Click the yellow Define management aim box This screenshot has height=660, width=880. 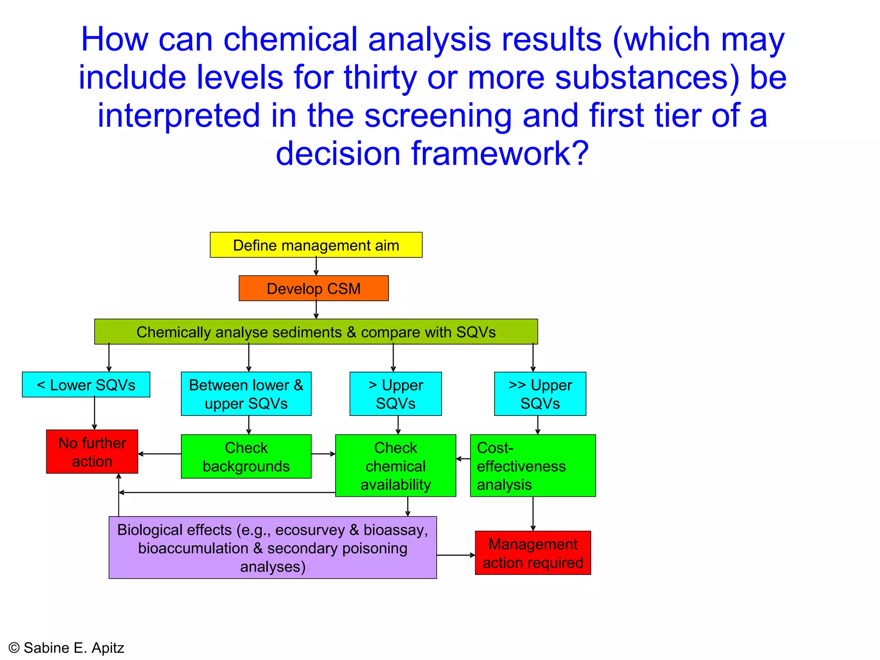point(316,245)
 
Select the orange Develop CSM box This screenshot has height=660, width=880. point(314,288)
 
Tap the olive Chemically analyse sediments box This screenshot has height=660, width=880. point(316,332)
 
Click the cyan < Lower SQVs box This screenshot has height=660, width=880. point(86,385)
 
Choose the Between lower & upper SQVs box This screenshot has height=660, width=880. point(246,394)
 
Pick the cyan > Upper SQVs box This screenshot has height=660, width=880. point(395,394)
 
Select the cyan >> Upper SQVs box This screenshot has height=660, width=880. point(540,394)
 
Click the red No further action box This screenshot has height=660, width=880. point(92,452)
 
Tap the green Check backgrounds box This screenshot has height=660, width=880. point(246,456)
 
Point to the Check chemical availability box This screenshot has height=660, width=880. point(395,466)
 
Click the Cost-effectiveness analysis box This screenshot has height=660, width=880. point(533,466)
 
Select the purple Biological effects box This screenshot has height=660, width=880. point(272,548)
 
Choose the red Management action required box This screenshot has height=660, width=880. point(533,553)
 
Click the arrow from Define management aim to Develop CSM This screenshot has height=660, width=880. point(316,266)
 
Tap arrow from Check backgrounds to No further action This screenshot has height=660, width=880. point(159,454)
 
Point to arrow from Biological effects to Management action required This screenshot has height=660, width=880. point(456,555)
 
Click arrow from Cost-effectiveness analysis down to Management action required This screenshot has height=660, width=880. point(533,514)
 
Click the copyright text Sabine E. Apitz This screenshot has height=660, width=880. point(67,648)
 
